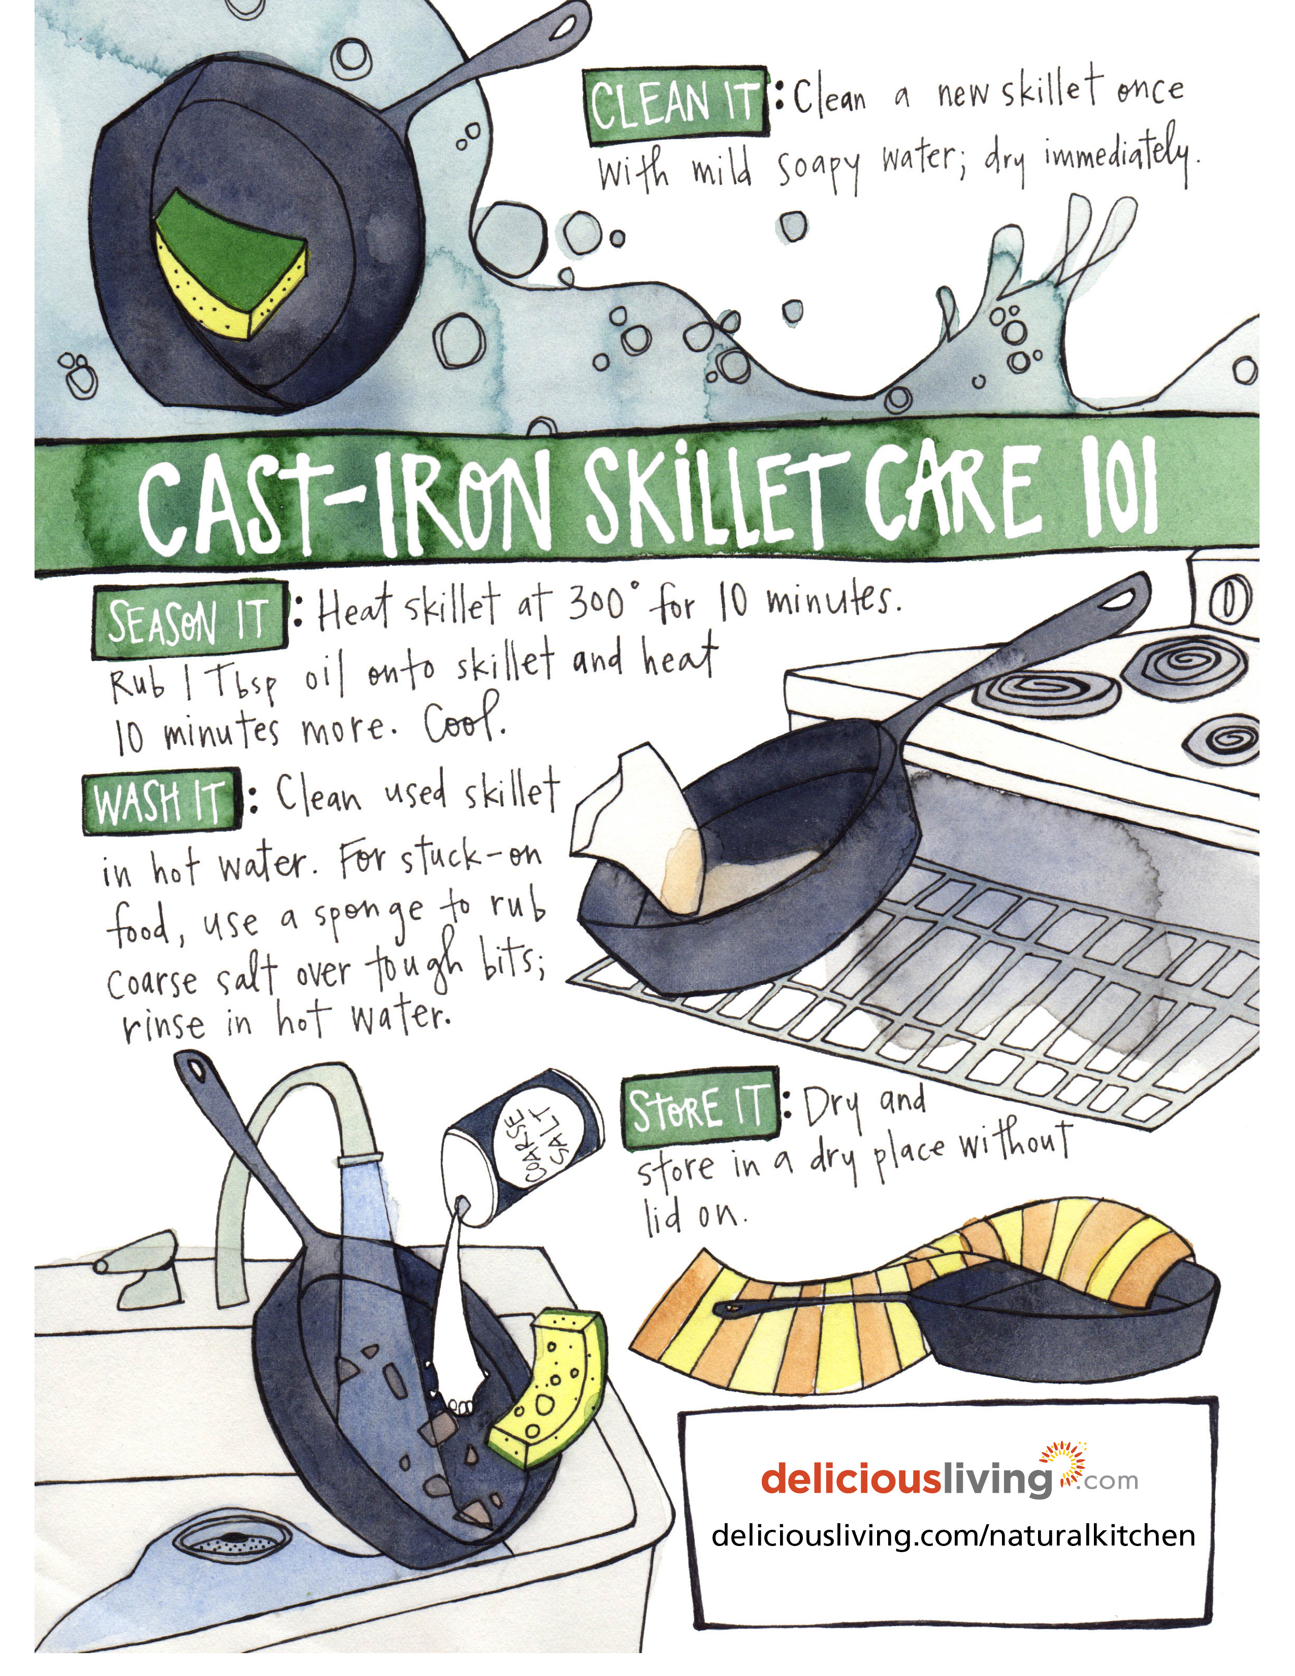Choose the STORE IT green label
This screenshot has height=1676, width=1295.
pyautogui.click(x=701, y=1109)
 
